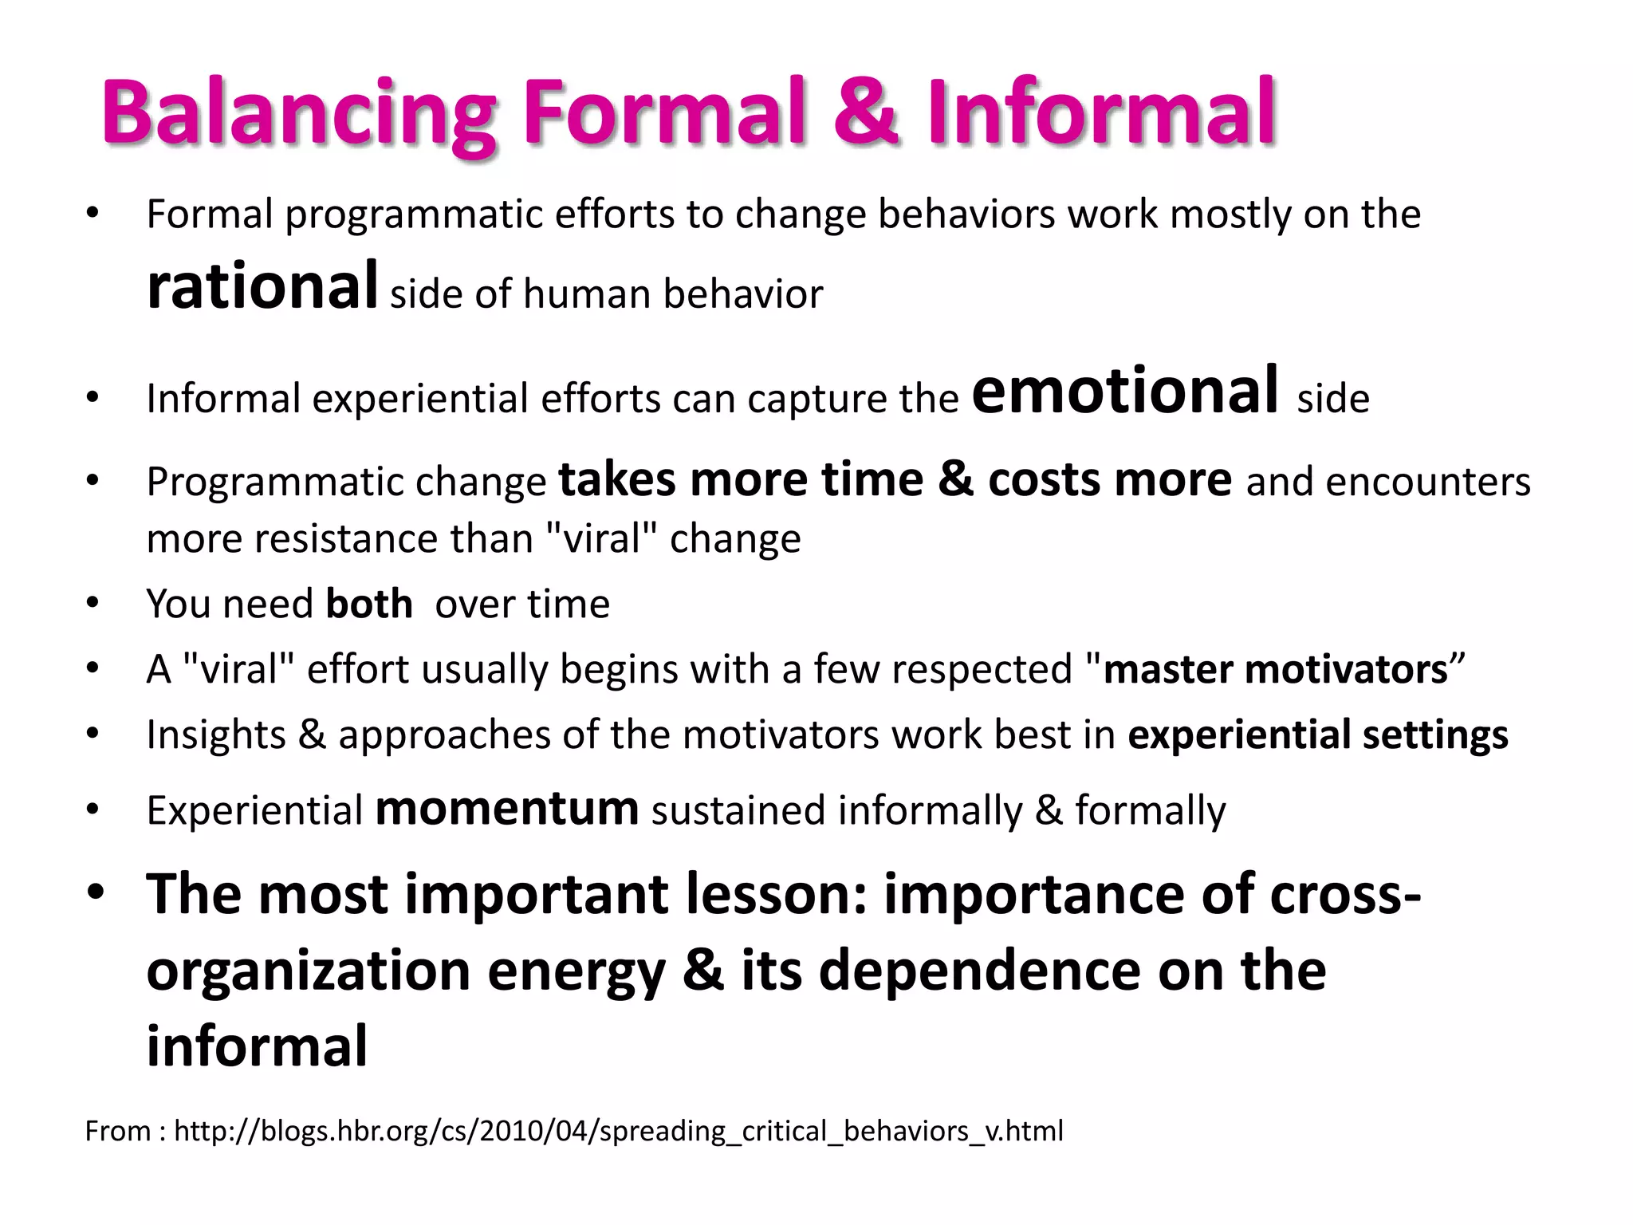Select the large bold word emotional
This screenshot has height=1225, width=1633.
(x=1125, y=390)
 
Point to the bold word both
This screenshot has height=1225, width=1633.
(x=368, y=604)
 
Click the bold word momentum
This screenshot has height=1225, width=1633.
(x=507, y=809)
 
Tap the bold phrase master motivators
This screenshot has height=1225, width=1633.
(x=1274, y=669)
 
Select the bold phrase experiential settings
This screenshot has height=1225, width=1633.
(x=1317, y=735)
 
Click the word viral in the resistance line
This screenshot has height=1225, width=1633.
(x=603, y=538)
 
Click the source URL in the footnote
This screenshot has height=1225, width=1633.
(x=618, y=1131)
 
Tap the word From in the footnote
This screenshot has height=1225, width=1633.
(x=118, y=1131)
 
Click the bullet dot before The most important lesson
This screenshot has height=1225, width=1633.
(x=96, y=893)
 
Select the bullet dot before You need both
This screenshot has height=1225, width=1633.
(x=92, y=604)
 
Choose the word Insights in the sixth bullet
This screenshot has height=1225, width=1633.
(x=216, y=735)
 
